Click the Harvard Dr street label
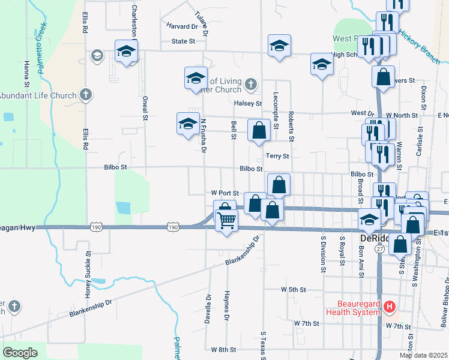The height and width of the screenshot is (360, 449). click(x=182, y=26)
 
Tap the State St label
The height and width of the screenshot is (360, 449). click(x=184, y=41)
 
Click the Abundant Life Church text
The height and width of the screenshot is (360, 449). click(x=38, y=95)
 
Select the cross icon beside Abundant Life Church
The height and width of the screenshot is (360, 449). click(x=86, y=95)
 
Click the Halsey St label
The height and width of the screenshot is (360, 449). click(x=246, y=103)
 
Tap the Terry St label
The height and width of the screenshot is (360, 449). click(x=277, y=156)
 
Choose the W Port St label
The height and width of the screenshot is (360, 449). click(x=225, y=193)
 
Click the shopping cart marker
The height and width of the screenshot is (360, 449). click(x=226, y=220)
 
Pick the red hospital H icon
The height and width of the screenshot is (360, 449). click(x=390, y=308)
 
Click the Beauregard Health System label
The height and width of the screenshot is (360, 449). click(x=353, y=308)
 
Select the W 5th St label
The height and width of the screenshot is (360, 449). click(x=294, y=289)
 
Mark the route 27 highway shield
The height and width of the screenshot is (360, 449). click(x=380, y=248)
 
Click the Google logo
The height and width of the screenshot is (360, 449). click(x=20, y=352)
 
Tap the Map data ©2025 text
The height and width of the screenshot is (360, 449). click(x=423, y=355)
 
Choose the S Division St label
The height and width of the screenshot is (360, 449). click(x=323, y=254)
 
